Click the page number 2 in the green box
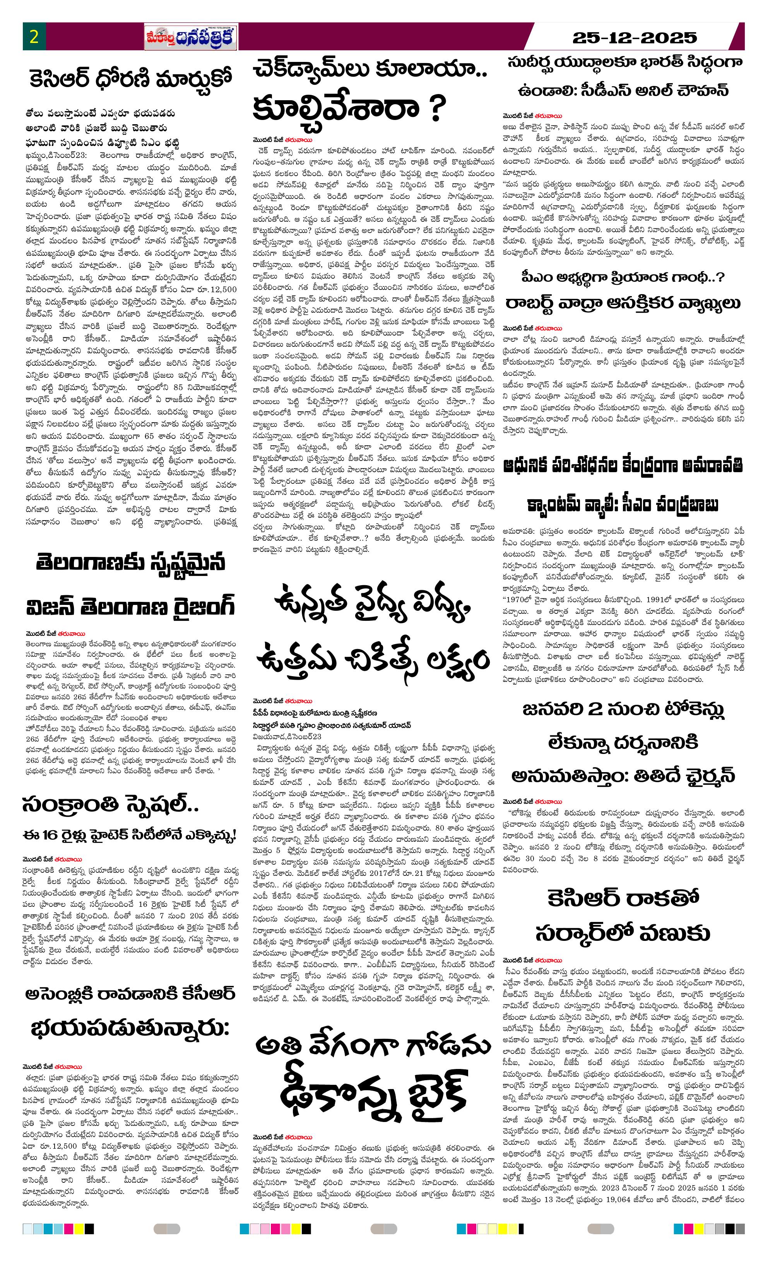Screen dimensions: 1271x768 (x=34, y=37)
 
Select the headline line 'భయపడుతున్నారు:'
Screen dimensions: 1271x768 (x=130, y=1029)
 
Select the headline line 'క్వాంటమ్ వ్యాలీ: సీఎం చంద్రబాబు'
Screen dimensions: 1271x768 (x=623, y=504)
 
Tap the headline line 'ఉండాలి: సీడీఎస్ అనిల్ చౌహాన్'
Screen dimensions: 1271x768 (x=623, y=91)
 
